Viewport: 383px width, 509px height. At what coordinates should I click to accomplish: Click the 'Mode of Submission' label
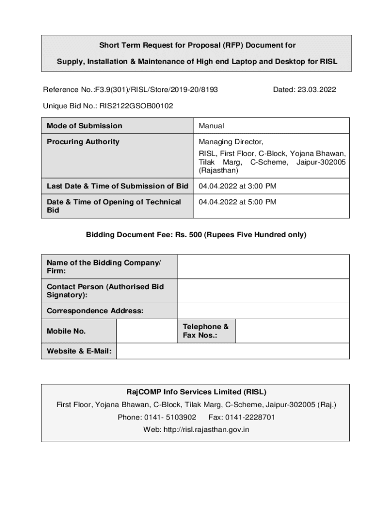(x=85, y=126)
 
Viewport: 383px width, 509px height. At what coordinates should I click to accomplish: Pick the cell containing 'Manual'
(x=211, y=126)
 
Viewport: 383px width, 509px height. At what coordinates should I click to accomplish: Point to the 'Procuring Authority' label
(x=83, y=142)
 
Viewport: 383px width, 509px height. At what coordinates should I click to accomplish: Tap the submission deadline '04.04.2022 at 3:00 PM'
(x=237, y=186)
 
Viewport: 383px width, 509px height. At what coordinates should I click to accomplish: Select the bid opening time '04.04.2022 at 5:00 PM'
(x=237, y=202)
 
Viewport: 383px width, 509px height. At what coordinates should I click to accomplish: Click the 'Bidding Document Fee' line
(x=196, y=234)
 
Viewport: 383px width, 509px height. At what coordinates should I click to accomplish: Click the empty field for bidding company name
(x=263, y=266)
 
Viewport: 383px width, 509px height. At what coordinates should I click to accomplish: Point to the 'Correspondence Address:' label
(x=95, y=311)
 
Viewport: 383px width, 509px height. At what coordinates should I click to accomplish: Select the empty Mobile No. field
(x=146, y=331)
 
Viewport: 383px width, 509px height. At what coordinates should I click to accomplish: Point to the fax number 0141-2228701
(x=250, y=417)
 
